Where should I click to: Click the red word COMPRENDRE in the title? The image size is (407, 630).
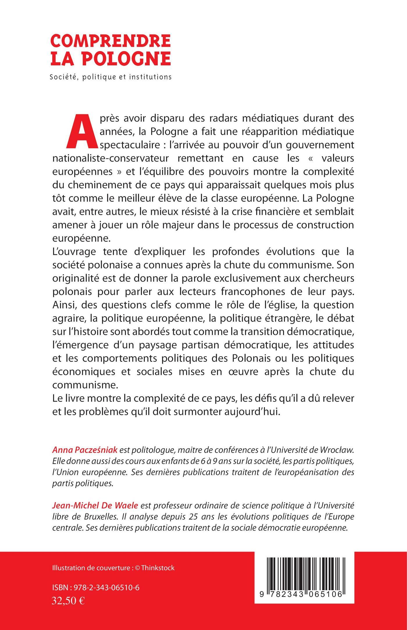110,41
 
